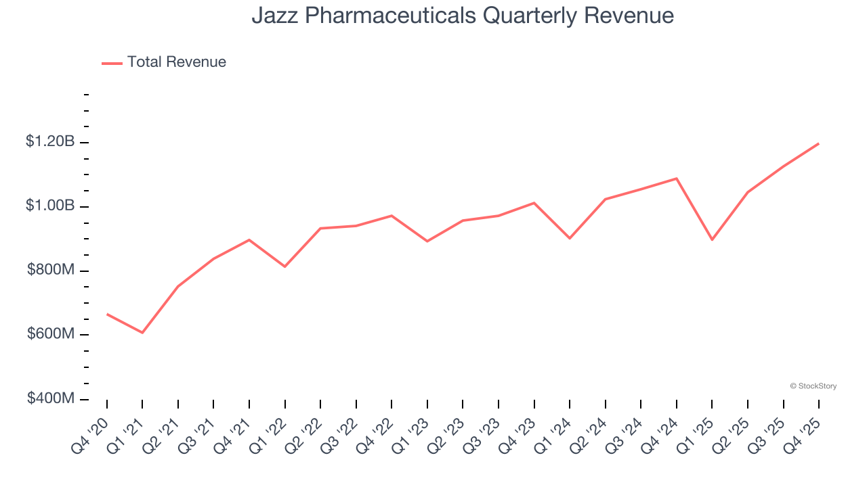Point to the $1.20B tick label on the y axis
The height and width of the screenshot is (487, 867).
(49, 141)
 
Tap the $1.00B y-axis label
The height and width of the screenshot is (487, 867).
(49, 206)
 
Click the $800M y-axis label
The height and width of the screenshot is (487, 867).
(51, 270)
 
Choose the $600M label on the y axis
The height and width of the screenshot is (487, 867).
(51, 334)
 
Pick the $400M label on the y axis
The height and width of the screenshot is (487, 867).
(51, 398)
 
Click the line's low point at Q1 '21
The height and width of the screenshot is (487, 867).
(142, 333)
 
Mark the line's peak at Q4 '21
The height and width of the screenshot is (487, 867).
(249, 239)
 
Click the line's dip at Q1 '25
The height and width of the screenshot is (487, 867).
(712, 239)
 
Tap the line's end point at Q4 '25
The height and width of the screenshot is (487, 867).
(818, 143)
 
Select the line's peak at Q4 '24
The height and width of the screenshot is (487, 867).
(676, 179)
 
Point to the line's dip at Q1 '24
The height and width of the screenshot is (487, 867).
(570, 238)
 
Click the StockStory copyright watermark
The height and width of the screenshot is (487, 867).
(813, 386)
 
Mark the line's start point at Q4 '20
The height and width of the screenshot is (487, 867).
(107, 314)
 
